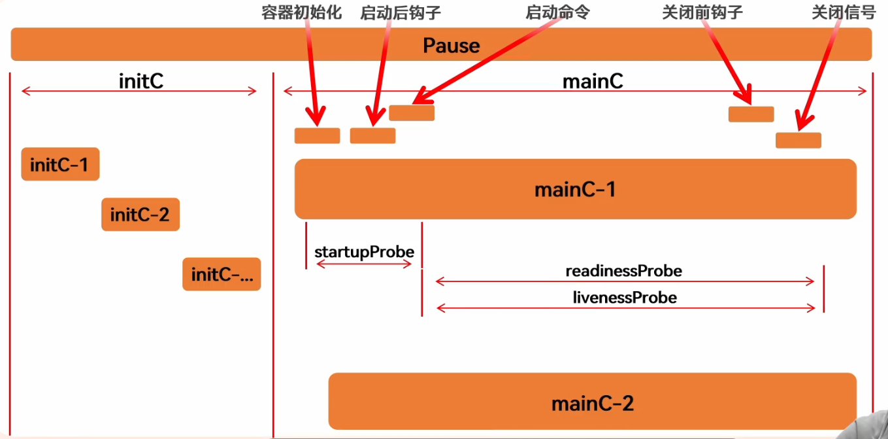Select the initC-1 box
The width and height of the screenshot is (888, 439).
(x=60, y=164)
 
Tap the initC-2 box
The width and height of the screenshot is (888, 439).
(x=140, y=214)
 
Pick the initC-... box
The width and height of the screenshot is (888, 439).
(x=222, y=274)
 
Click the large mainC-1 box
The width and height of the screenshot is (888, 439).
(x=575, y=189)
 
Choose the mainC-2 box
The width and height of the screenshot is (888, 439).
(x=592, y=402)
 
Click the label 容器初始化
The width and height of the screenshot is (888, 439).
(x=301, y=12)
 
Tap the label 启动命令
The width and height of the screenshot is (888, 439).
(x=557, y=12)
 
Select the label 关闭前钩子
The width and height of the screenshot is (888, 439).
(x=702, y=12)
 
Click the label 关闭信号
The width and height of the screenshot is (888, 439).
(x=843, y=12)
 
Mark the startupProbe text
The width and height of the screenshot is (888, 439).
(x=364, y=252)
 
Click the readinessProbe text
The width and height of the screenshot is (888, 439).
(x=623, y=270)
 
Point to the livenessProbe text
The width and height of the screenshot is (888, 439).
(x=625, y=298)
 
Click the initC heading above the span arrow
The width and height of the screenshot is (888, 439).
(x=140, y=80)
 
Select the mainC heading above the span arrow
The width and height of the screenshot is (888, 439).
(x=593, y=80)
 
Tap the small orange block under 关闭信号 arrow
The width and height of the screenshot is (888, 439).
(x=798, y=140)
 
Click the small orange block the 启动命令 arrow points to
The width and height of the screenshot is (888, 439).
(x=412, y=113)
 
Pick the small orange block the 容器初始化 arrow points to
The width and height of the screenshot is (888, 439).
(x=317, y=135)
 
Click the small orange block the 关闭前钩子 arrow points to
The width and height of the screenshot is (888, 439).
(x=751, y=114)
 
